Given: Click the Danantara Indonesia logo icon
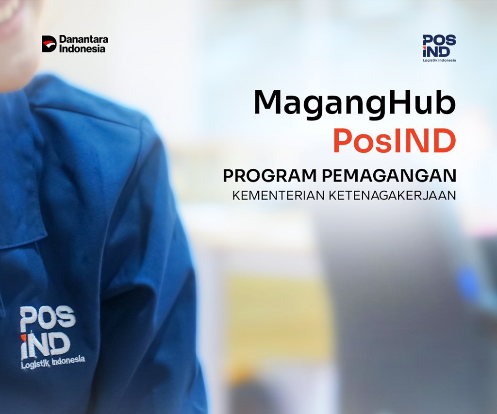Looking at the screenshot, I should (49, 44).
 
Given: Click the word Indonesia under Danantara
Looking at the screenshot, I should (82, 49).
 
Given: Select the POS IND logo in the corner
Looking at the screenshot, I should (439, 46).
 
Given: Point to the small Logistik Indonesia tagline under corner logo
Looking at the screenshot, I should (439, 60).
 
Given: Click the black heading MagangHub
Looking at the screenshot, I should (354, 103).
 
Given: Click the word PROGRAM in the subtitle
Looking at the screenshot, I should (263, 176).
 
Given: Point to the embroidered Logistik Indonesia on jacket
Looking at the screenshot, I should (53, 362).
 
